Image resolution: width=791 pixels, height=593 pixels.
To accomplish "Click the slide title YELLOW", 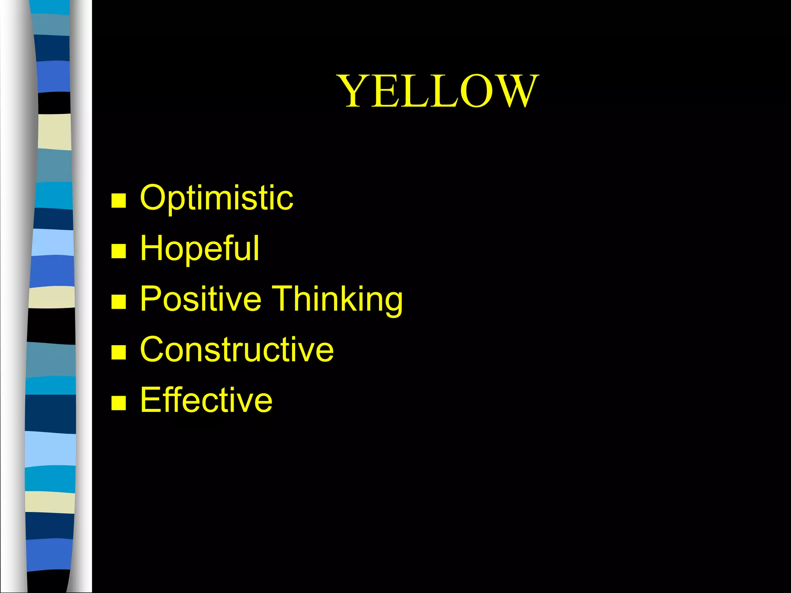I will (x=438, y=91).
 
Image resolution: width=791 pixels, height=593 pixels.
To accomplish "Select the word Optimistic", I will (x=216, y=198).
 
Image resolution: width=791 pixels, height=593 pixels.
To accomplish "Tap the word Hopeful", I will (x=199, y=248).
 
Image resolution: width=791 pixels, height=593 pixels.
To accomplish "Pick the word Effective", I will (x=206, y=400).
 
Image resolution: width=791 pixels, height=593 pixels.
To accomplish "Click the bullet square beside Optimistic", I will (x=119, y=200).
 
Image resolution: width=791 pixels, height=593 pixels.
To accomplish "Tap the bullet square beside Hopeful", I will (x=119, y=251).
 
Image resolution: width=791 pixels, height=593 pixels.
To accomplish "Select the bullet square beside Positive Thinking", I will (x=119, y=302).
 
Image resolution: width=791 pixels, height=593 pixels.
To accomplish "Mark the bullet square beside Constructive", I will (x=119, y=352).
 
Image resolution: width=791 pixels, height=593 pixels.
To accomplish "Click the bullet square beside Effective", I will (x=119, y=403).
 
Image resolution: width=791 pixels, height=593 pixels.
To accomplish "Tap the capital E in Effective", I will (x=149, y=400).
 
